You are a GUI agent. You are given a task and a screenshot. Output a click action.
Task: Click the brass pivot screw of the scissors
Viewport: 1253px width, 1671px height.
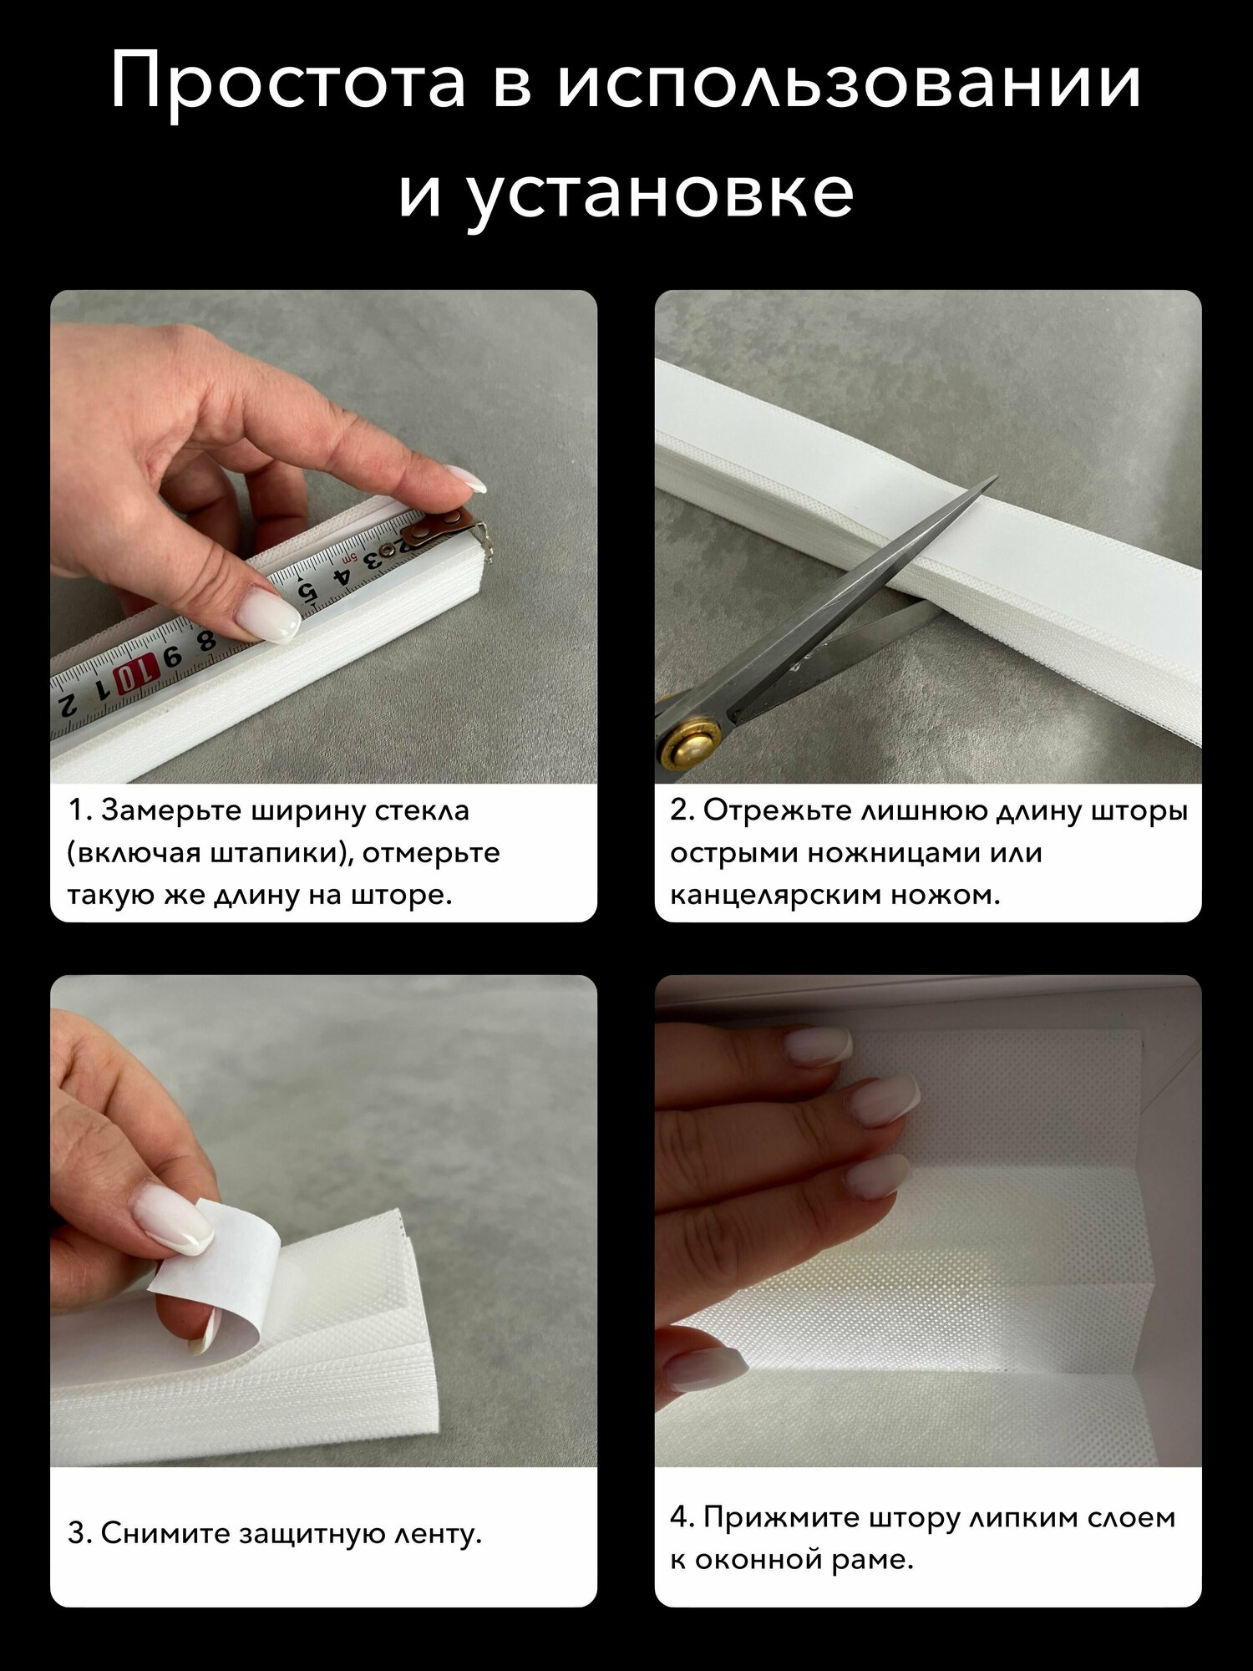(x=690, y=738)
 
